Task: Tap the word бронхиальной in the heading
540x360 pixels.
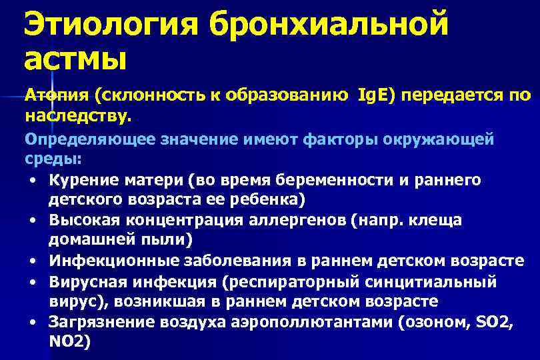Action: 327,25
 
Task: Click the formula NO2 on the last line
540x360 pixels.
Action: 69,341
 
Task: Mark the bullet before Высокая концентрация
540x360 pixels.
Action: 32,220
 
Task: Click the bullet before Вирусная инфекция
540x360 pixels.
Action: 32,281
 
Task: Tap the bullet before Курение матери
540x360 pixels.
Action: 32,180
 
